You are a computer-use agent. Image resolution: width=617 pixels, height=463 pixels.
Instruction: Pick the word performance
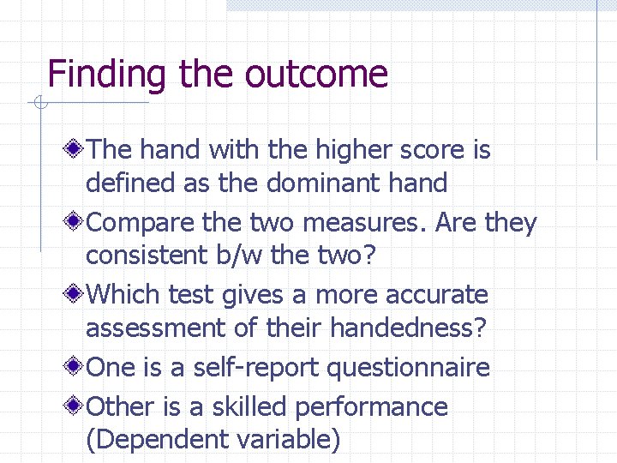(x=377, y=406)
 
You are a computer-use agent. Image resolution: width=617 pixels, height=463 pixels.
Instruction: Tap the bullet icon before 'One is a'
(x=76, y=368)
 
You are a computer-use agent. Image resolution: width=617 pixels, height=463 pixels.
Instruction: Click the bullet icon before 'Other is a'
(x=76, y=406)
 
